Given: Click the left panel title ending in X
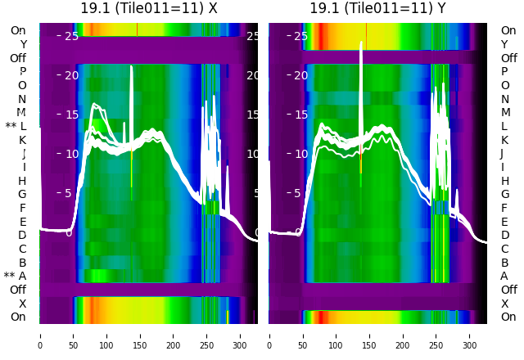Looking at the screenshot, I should (x=148, y=8).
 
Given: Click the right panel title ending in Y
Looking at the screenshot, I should (x=377, y=8).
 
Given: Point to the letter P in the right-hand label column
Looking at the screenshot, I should (x=504, y=71).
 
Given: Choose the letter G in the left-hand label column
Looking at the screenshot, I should (x=22, y=194).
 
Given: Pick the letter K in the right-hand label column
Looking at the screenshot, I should (x=504, y=140).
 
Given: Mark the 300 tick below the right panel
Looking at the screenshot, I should (x=470, y=334).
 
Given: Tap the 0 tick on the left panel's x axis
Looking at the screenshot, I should (x=39, y=334).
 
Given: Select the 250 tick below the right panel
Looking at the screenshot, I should (x=436, y=334).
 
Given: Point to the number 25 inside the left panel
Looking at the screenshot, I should (x=71, y=36).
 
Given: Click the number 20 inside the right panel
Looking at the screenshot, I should (x=300, y=75).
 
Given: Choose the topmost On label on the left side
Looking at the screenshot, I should (x=18, y=30).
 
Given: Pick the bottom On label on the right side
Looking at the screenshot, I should (x=508, y=317).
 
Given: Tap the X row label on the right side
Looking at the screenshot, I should (x=504, y=304).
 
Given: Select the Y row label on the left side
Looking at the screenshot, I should (x=23, y=44).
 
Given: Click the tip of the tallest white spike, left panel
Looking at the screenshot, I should (x=131, y=67).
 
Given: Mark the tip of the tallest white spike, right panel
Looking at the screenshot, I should (x=361, y=42).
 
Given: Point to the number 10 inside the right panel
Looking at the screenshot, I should (x=300, y=154).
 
